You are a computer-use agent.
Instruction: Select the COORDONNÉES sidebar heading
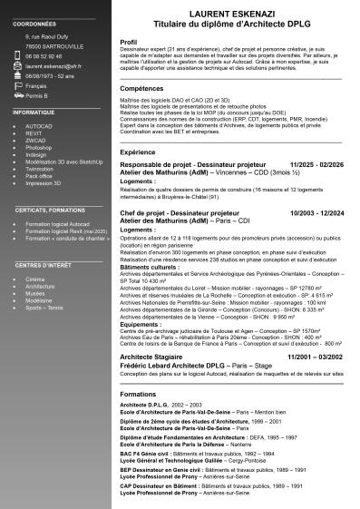pos(35,24)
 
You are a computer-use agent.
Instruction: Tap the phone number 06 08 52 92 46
pos(44,55)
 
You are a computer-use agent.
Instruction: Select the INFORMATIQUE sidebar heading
pos(34,111)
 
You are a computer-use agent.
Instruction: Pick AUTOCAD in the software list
pos(39,127)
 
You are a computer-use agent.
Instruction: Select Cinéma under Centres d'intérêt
pos(35,279)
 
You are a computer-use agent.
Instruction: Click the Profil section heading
pos(129,42)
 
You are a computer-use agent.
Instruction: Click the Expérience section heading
pos(138,152)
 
